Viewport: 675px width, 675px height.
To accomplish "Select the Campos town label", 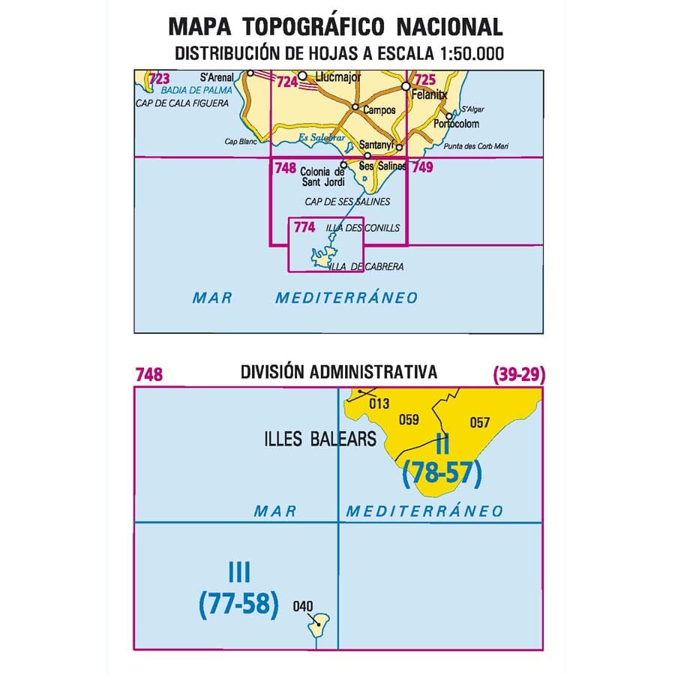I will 379,109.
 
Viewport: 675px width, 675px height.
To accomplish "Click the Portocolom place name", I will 456,124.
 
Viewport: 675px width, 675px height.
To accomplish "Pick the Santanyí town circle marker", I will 399,147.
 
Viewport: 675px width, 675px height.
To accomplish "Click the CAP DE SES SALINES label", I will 347,202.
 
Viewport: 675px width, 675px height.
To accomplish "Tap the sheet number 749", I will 422,168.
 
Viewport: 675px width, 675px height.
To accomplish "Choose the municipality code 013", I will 379,403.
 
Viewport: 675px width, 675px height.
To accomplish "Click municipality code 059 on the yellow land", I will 409,420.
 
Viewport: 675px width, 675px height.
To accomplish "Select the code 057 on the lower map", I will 480,422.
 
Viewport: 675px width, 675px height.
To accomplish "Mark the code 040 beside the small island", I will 304,607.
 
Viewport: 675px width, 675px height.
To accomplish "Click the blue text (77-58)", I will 239,604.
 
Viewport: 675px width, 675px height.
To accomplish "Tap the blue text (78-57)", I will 442,472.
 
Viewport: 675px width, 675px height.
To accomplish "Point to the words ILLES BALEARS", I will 320,439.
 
